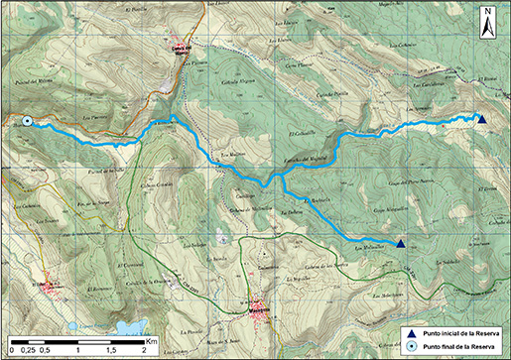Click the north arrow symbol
pos(488,22)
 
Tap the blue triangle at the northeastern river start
pos(481,120)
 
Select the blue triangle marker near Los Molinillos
pos(400,243)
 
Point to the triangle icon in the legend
pos(413,332)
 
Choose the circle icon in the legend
pos(413,346)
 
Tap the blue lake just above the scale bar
pos(126,326)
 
